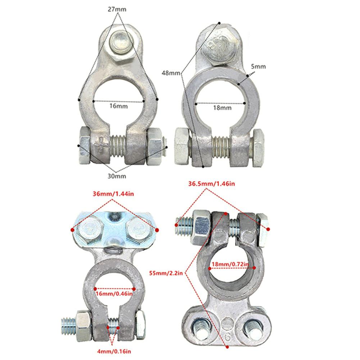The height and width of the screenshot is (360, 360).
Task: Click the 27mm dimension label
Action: [117, 9]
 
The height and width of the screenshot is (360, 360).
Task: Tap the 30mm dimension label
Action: [117, 176]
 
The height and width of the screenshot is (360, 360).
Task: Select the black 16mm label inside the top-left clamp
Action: [118, 106]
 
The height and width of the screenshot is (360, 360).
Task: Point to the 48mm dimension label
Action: [171, 73]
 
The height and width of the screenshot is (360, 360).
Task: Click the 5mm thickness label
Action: [258, 67]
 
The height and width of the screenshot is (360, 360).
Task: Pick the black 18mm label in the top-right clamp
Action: [222, 108]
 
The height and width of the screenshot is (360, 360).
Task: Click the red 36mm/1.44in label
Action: [113, 194]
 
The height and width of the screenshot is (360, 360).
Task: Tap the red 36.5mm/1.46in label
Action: [212, 184]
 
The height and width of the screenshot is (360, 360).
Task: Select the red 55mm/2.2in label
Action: [166, 273]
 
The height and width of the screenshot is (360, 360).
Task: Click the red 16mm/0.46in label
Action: [114, 294]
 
